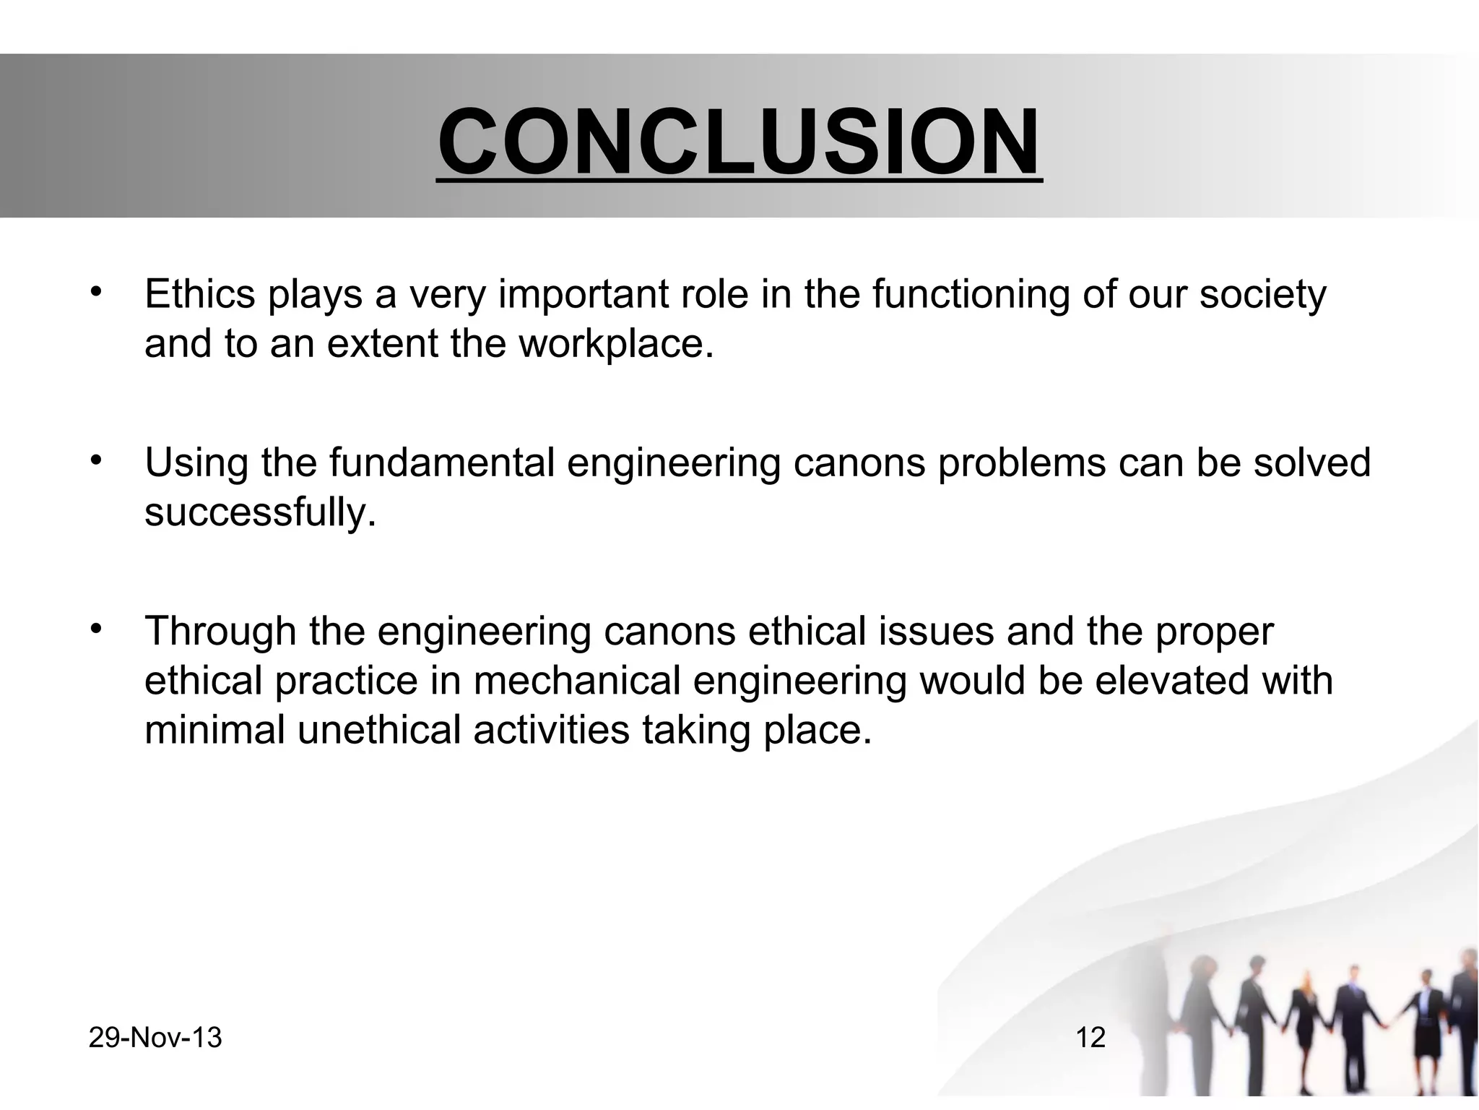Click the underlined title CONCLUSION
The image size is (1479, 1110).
[739, 142]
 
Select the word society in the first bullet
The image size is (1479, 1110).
[1262, 294]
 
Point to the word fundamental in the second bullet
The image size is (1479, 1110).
[443, 462]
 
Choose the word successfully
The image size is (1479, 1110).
[260, 512]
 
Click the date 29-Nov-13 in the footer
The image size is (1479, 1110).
[155, 1038]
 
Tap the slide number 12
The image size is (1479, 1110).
[1090, 1038]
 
